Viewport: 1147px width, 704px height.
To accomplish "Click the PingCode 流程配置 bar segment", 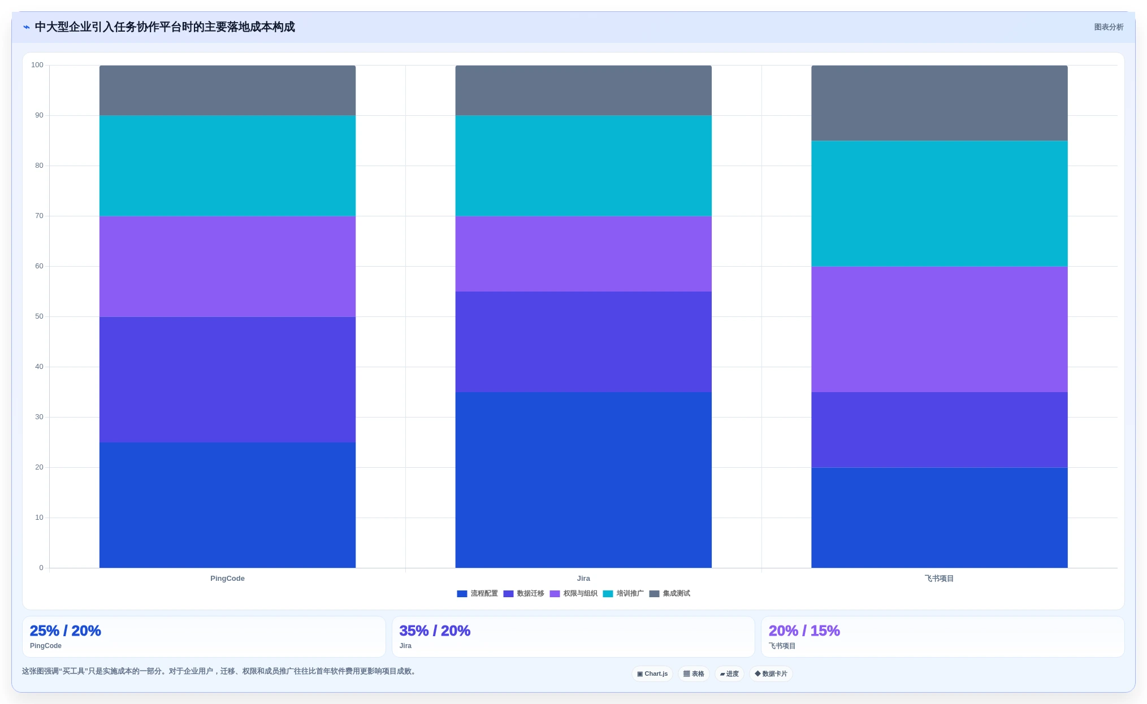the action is (x=227, y=505).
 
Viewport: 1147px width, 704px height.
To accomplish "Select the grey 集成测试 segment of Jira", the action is (x=583, y=90).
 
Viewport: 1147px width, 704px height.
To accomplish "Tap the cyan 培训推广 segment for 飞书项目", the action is (x=940, y=203).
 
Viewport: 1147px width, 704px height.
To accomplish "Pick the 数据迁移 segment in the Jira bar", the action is (x=583, y=342).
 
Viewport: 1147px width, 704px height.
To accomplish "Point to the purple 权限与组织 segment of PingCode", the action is (x=227, y=266).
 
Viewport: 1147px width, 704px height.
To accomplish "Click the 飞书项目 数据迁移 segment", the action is (x=940, y=429).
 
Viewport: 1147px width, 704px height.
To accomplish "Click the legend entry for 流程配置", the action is (x=478, y=594).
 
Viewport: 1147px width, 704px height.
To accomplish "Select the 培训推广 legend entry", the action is (x=624, y=594).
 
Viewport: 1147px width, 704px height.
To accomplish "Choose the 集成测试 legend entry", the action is (x=670, y=594).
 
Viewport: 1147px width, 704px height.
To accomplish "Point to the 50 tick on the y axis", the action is (x=39, y=316).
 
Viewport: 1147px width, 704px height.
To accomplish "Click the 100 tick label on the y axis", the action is (x=37, y=65).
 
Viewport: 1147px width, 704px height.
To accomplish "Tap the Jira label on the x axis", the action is (x=583, y=579).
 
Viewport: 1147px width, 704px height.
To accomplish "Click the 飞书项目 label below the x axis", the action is (x=939, y=579).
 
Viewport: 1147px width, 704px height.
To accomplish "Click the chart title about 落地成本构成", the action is (x=165, y=27).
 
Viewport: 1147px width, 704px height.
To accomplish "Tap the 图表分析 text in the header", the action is (x=1109, y=27).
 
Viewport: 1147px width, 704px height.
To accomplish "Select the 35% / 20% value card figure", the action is (x=435, y=631).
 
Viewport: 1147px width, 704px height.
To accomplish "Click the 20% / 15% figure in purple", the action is (x=804, y=631).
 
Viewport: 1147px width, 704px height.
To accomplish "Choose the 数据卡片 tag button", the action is (x=771, y=673).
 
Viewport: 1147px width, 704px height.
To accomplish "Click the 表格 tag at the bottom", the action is (x=694, y=673).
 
